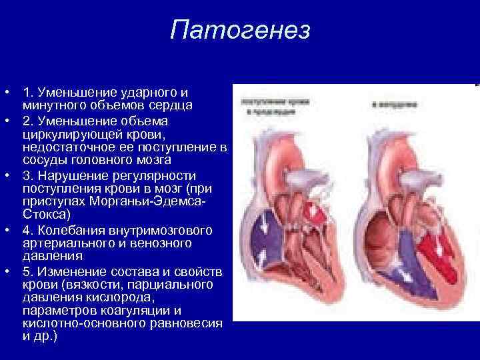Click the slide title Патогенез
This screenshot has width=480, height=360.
[240, 31]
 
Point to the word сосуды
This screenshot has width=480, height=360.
[45, 161]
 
